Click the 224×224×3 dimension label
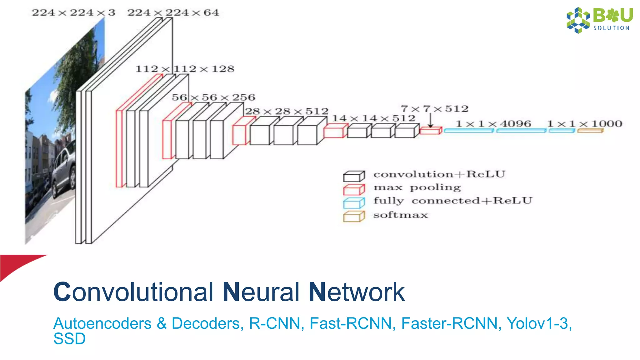pos(73,13)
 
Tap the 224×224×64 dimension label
pos(173,13)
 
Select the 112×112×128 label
pos(185,69)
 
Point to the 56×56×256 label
pos(213,97)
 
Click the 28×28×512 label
pos(287,111)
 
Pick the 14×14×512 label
pos(373,118)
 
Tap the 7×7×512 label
pos(435,109)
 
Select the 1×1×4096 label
pos(493,124)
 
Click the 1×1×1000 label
pos(585,124)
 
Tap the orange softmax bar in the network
pos(590,131)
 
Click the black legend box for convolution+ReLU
pos(354,177)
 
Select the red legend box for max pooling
pos(354,190)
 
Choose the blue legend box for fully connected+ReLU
pos(354,203)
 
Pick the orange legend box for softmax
pos(354,217)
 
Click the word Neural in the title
pos(261,292)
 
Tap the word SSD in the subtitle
pos(69,339)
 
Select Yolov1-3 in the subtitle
pos(539,323)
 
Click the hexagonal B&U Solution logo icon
pos(578,20)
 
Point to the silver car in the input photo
pos(64,172)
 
